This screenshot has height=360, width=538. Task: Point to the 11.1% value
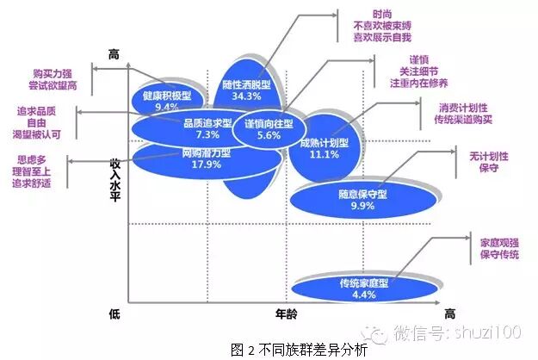pos(324,155)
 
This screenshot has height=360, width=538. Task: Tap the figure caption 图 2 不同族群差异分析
pos(269,348)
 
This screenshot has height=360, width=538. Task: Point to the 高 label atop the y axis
pos(114,54)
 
